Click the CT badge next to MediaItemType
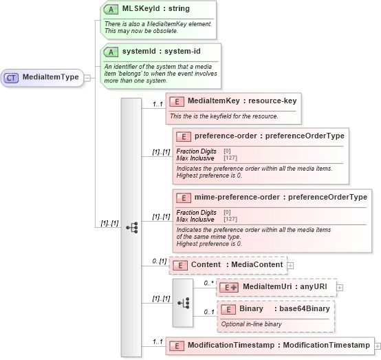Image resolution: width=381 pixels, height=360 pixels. click(12, 78)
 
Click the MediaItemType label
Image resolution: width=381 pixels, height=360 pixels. click(50, 78)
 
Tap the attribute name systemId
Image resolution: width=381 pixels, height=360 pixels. click(138, 52)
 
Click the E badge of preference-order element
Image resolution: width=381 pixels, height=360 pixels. click(184, 136)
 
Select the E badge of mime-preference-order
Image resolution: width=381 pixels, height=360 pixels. click(184, 198)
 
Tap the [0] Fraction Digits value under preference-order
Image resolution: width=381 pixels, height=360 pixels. click(227, 151)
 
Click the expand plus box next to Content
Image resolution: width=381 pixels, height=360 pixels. click(290, 265)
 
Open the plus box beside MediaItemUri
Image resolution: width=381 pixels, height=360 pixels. click(340, 286)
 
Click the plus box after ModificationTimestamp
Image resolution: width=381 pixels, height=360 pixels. click(377, 346)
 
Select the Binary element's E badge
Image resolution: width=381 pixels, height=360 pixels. click(228, 309)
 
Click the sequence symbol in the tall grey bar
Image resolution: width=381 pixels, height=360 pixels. click(131, 225)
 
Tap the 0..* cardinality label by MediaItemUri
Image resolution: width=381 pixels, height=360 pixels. click(208, 282)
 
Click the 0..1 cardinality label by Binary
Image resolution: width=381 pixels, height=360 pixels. click(208, 313)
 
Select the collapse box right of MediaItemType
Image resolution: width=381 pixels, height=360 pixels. click(87, 78)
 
